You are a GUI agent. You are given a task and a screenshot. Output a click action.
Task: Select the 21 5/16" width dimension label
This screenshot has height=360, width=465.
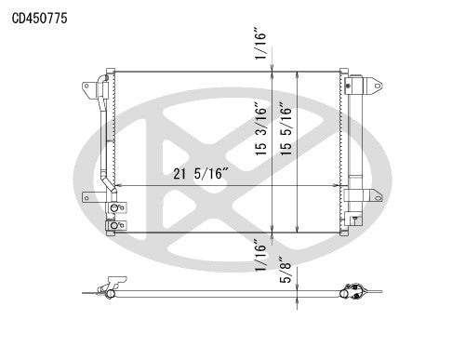click(x=206, y=174)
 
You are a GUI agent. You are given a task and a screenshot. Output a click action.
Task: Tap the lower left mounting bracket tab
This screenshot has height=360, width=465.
click(x=88, y=197)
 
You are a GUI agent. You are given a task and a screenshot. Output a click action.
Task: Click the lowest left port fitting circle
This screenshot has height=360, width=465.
click(x=113, y=224)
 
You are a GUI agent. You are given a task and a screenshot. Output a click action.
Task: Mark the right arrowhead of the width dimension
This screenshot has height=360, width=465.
click(x=341, y=186)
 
